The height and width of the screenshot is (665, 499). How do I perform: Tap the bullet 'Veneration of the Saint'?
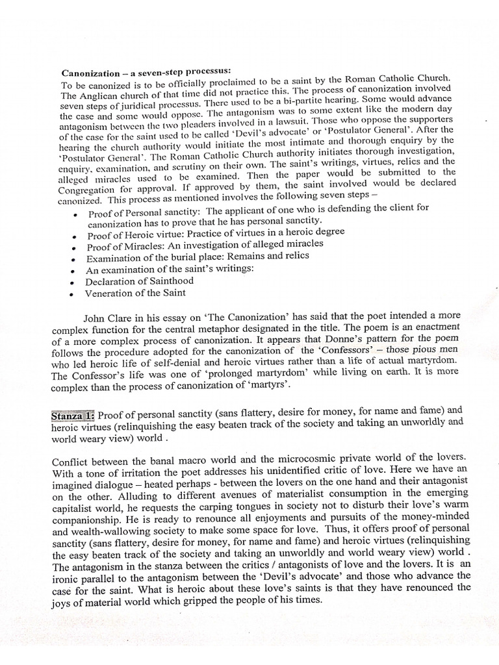(x=135, y=293)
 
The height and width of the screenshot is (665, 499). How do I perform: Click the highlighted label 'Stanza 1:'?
(x=73, y=414)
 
